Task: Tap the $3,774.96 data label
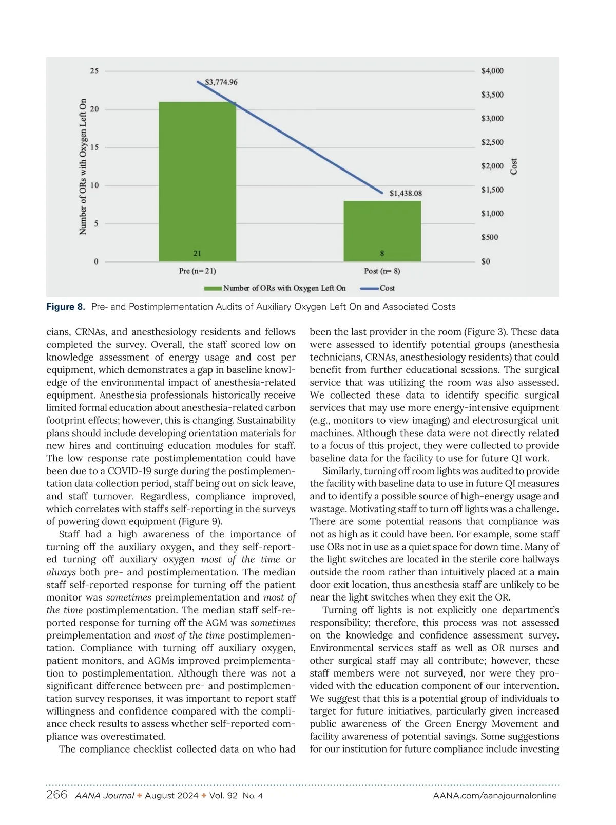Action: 221,82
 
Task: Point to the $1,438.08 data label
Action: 406,193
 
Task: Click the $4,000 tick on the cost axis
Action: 492,71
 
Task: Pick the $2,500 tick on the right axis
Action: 492,142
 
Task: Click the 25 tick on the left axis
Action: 94,71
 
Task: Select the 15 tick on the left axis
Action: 94,147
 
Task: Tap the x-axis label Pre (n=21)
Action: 197,271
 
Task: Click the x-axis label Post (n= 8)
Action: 382,271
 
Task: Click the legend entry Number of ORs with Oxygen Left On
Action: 284,288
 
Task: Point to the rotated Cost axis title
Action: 514,166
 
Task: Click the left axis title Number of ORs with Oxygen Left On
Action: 83,166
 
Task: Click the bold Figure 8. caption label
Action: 66,307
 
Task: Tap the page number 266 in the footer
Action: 56,795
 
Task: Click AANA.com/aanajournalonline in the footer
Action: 495,796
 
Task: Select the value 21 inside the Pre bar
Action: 197,253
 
